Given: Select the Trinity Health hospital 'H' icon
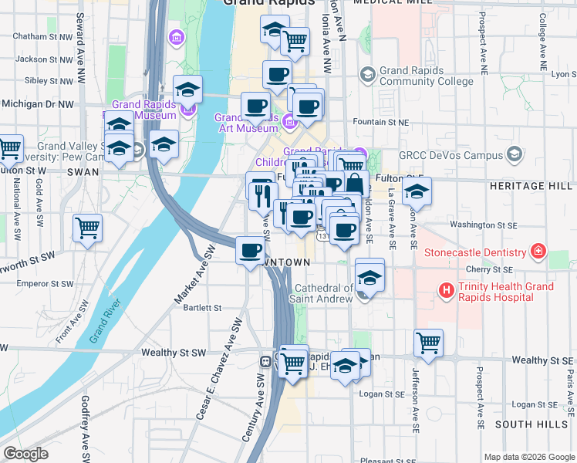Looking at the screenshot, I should [446, 291].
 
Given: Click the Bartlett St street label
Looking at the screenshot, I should [203, 307].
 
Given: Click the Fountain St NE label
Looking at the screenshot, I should [380, 122].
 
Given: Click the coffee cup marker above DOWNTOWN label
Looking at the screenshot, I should [250, 252].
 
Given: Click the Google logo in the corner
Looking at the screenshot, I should [26, 454].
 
